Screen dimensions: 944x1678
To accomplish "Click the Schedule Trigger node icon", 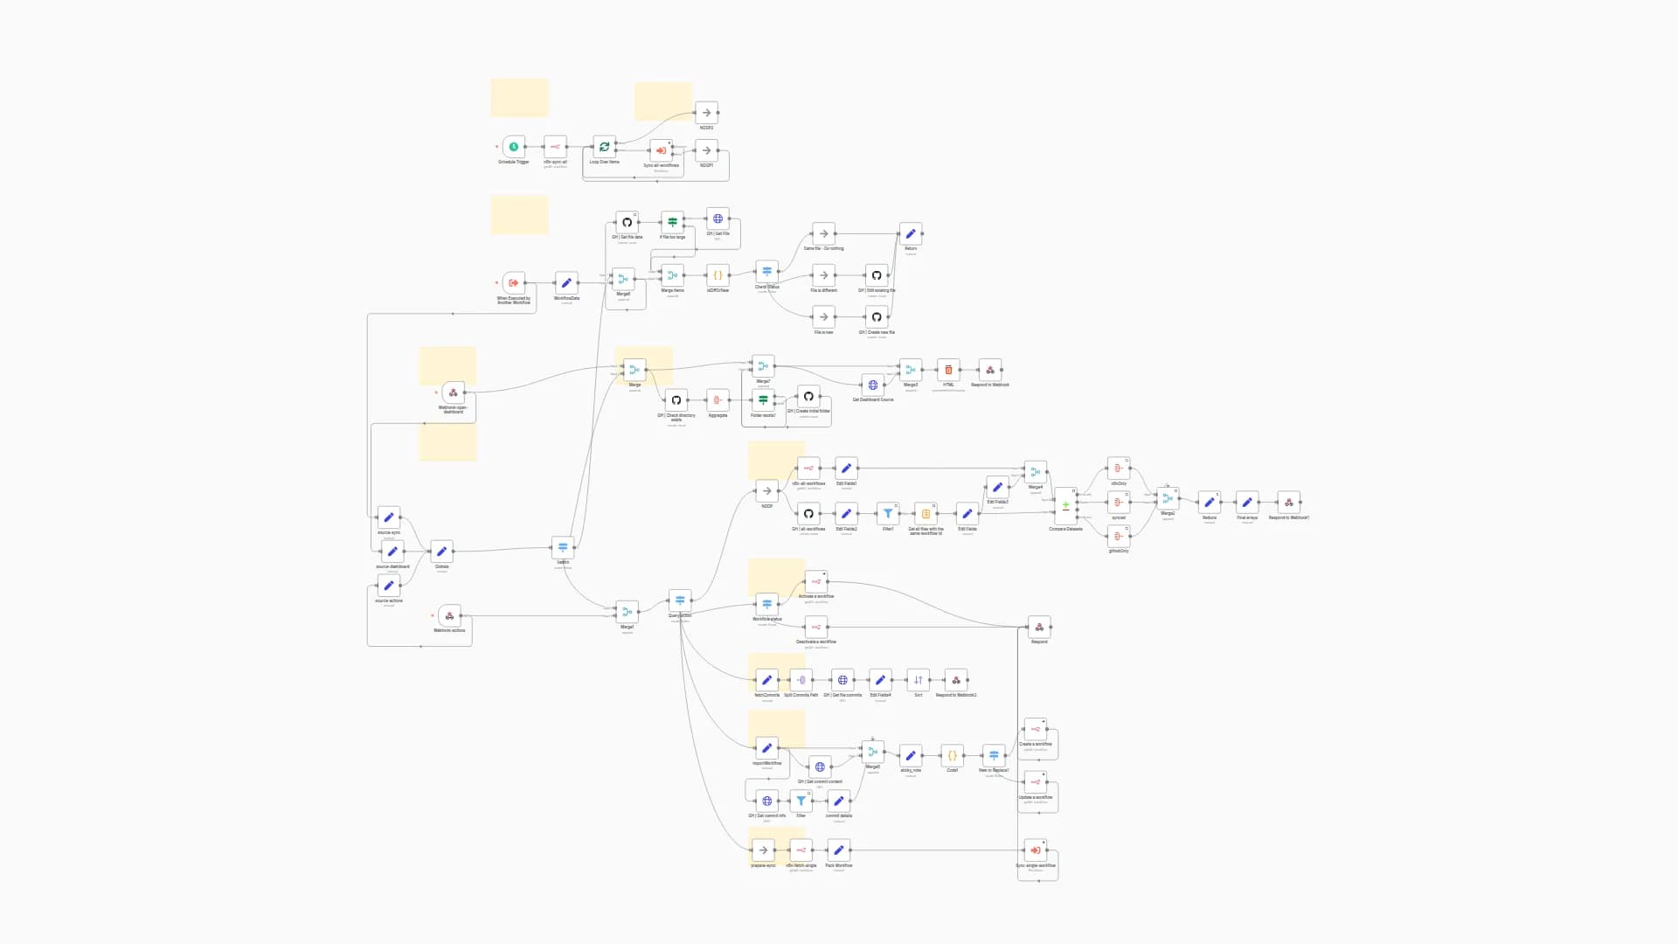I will coord(514,147).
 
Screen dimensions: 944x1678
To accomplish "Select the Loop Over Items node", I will coord(604,147).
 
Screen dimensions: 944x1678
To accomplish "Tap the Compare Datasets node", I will coord(1065,505).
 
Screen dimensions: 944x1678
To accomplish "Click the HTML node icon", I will coord(948,370).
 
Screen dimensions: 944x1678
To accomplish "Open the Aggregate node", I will coord(718,400).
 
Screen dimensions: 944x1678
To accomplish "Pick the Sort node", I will coord(918,680).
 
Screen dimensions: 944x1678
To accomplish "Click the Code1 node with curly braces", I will coord(952,755).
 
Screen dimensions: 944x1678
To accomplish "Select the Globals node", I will coord(441,552).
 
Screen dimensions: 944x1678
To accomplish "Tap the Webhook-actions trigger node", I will coord(449,616).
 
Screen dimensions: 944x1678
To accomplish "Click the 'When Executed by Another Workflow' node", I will coord(514,283).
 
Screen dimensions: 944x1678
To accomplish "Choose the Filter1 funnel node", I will coord(888,514).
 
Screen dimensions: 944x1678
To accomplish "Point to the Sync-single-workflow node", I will coord(1036,850).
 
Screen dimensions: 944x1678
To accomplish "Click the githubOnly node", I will coord(1118,536).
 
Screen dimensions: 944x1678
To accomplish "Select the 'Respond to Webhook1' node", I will coord(956,680).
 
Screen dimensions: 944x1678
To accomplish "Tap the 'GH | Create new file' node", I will coord(877,317).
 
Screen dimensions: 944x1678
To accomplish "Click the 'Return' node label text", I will coord(911,248).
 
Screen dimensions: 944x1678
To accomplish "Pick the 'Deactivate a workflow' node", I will coord(815,627).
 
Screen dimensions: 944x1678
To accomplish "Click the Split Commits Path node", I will coord(801,680).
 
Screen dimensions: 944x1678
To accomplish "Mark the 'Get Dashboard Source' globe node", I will coord(872,385).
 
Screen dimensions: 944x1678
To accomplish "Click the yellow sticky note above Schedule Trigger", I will coord(519,98).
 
